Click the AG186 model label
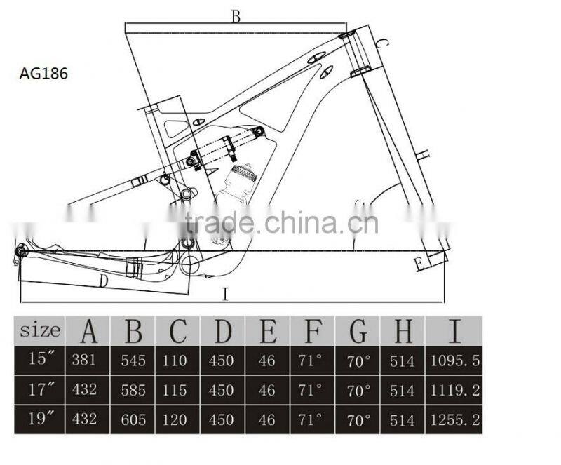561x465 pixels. (x=43, y=73)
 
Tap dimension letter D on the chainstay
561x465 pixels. (x=102, y=281)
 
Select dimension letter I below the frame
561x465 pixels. (x=224, y=295)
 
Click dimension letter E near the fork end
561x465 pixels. (x=419, y=264)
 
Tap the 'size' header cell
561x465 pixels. (x=40, y=330)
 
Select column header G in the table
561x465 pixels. (x=358, y=330)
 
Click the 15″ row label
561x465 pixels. (x=41, y=359)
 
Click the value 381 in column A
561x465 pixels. (x=88, y=360)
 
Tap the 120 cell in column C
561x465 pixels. (x=177, y=419)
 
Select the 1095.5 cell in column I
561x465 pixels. (x=454, y=360)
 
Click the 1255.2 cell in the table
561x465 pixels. (x=454, y=419)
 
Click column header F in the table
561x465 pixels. (x=312, y=330)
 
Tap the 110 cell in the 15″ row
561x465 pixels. (x=177, y=360)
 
